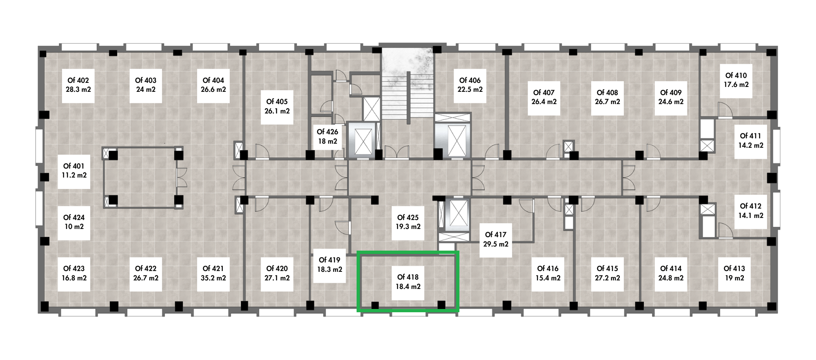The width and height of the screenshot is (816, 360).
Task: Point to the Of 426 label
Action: (x=328, y=136)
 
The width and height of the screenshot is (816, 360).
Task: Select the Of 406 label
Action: (x=470, y=85)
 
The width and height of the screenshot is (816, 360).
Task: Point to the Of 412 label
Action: (x=751, y=211)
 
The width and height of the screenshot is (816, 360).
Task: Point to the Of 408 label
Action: (x=608, y=98)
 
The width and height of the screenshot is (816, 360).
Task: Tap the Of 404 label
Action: (x=213, y=85)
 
